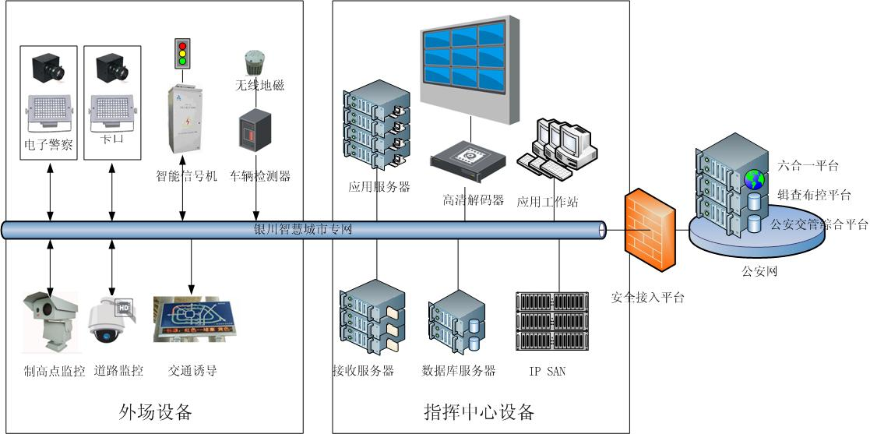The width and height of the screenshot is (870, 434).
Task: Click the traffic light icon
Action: (x=181, y=51)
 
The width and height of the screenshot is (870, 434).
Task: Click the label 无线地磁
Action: (x=259, y=84)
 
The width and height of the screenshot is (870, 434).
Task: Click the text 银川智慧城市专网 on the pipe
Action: (x=304, y=230)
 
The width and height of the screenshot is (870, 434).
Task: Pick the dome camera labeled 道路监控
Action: (x=111, y=321)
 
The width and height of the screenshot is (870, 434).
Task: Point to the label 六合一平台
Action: (x=808, y=165)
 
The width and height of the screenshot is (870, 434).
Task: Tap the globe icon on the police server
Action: (x=753, y=179)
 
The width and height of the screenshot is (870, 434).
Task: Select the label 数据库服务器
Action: (x=459, y=371)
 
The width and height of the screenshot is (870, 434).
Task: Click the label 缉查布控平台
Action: (x=814, y=195)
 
